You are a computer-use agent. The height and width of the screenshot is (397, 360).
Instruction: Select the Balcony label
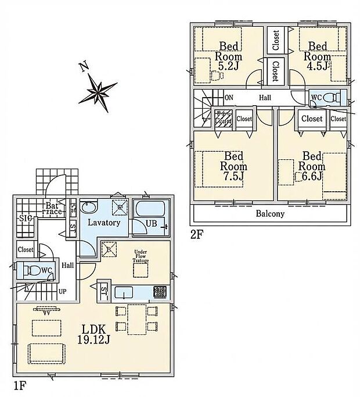click(x=271, y=213)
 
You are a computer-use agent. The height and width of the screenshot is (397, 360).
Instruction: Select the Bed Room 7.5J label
click(x=233, y=166)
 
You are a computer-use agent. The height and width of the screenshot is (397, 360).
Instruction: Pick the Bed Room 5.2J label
click(x=226, y=57)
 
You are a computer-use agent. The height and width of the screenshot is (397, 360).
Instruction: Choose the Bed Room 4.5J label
click(x=319, y=57)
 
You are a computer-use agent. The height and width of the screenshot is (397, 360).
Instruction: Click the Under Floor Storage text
click(x=141, y=256)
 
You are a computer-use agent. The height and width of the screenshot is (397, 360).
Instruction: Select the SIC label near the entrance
click(x=25, y=218)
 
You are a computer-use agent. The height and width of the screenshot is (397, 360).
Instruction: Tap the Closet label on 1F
click(x=26, y=249)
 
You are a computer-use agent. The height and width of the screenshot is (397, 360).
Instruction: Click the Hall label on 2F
click(x=265, y=98)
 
